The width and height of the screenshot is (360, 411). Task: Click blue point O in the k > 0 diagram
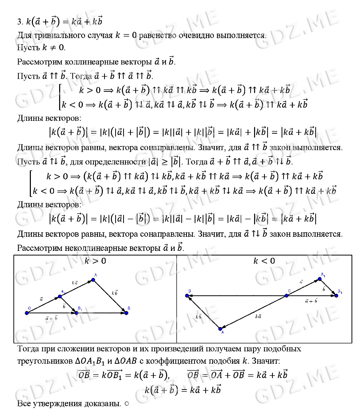(27, 313)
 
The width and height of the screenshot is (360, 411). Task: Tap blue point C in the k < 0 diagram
(287, 296)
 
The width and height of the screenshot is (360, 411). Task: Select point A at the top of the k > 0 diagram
(93, 280)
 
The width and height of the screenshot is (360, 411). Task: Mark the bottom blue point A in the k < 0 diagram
(220, 329)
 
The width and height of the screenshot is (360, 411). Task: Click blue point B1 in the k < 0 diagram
(336, 296)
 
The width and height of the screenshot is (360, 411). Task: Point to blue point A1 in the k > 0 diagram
(60, 296)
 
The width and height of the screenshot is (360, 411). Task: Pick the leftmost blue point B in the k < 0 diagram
(187, 296)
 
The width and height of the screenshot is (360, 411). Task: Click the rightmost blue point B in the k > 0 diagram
(126, 313)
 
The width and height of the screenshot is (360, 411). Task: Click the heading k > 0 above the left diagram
(95, 261)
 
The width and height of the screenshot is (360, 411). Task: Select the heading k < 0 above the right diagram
(264, 261)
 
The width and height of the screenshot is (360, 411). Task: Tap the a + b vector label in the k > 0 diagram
(51, 318)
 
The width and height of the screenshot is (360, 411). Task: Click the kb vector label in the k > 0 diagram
(115, 293)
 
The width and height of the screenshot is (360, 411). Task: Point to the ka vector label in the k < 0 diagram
(258, 316)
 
